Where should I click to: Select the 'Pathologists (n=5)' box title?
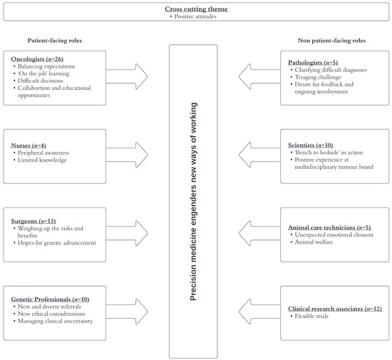point(307,63)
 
